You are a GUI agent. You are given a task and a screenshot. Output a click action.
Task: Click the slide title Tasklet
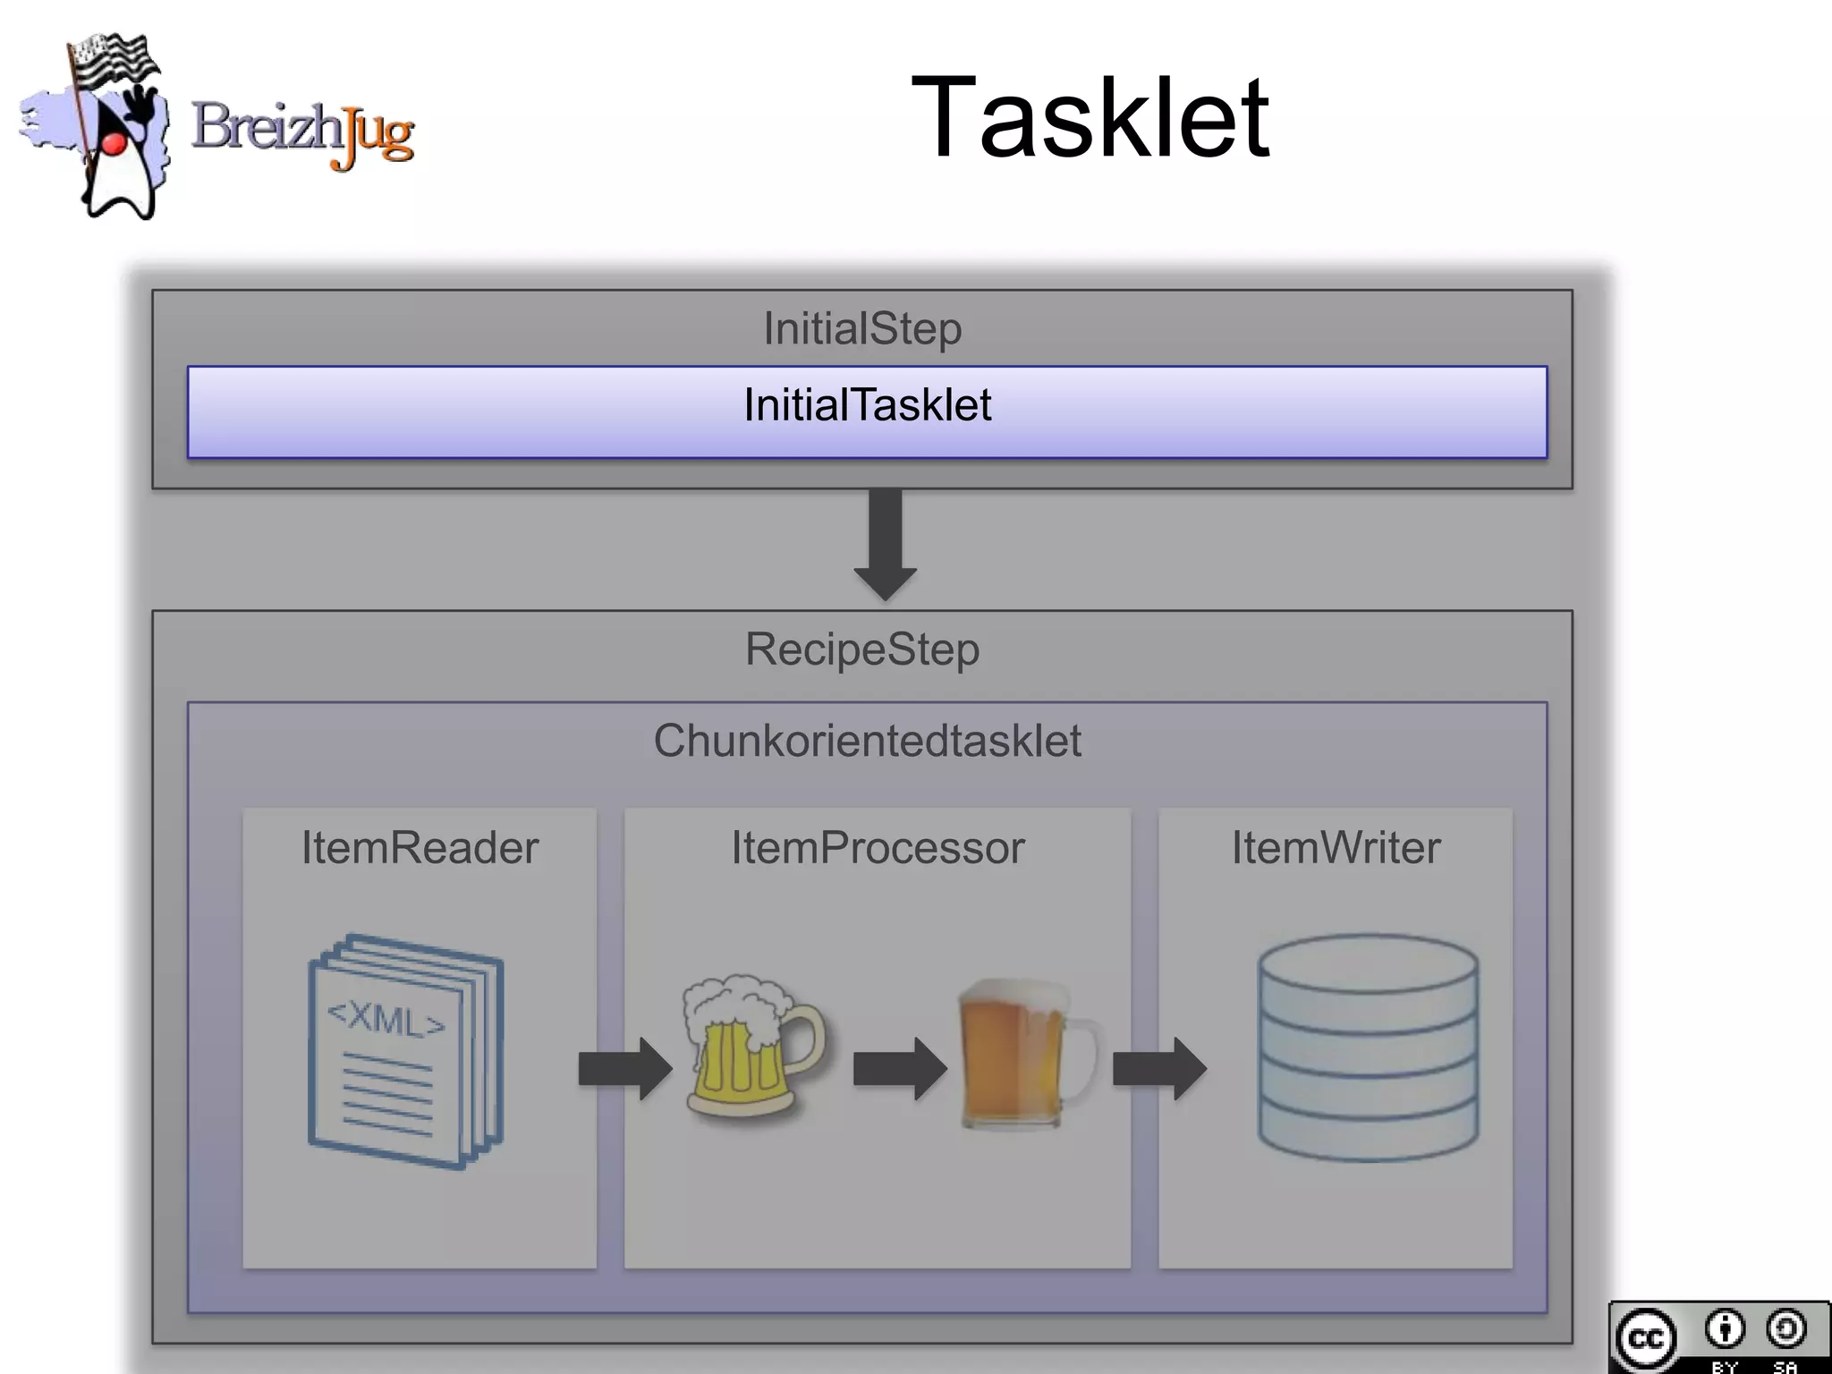click(x=1090, y=119)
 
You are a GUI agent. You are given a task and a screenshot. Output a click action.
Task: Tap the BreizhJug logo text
click(x=302, y=132)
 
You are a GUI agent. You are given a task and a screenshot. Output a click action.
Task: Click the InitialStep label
click(x=862, y=328)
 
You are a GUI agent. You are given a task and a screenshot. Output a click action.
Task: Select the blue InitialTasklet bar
click(x=867, y=411)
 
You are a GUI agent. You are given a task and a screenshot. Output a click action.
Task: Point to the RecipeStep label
click(x=862, y=649)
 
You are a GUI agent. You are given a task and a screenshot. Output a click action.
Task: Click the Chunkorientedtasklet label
click(x=867, y=741)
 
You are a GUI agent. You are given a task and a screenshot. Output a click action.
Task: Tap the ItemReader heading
click(x=420, y=847)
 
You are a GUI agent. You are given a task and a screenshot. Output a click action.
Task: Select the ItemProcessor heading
click(x=878, y=847)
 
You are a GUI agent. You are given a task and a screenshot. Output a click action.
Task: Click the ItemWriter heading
click(x=1336, y=847)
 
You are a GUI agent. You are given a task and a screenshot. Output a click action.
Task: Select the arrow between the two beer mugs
click(x=899, y=1068)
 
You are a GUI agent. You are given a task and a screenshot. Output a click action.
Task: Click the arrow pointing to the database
click(x=1159, y=1068)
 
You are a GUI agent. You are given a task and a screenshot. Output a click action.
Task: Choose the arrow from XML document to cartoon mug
click(x=624, y=1068)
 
